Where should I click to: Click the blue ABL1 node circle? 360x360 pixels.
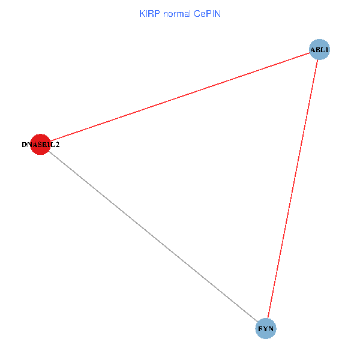[x=319, y=49]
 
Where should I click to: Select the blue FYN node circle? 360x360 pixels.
[x=266, y=329]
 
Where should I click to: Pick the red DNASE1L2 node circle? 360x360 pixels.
[x=40, y=145]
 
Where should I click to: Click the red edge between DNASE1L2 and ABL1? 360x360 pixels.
[x=180, y=97]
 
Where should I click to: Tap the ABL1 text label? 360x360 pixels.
[x=319, y=49]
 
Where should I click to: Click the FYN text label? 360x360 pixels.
[x=266, y=329]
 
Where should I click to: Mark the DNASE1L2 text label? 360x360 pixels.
[x=40, y=145]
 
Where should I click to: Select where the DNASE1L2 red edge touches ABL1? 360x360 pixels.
[x=310, y=53]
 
